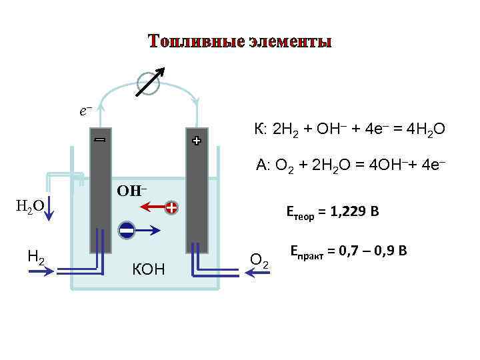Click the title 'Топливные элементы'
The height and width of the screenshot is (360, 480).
pos(240,41)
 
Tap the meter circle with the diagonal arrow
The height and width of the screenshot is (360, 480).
pos(147,83)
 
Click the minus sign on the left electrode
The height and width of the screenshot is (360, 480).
pos(100,141)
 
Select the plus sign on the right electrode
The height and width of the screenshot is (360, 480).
pos(197,141)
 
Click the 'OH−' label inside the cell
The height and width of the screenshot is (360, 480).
pos(132,191)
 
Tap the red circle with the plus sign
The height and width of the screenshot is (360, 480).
pos(171,208)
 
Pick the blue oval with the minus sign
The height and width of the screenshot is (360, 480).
pos(127,231)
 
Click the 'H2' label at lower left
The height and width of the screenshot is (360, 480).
pos(37,253)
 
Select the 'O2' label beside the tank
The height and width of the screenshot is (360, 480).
pos(260,259)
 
